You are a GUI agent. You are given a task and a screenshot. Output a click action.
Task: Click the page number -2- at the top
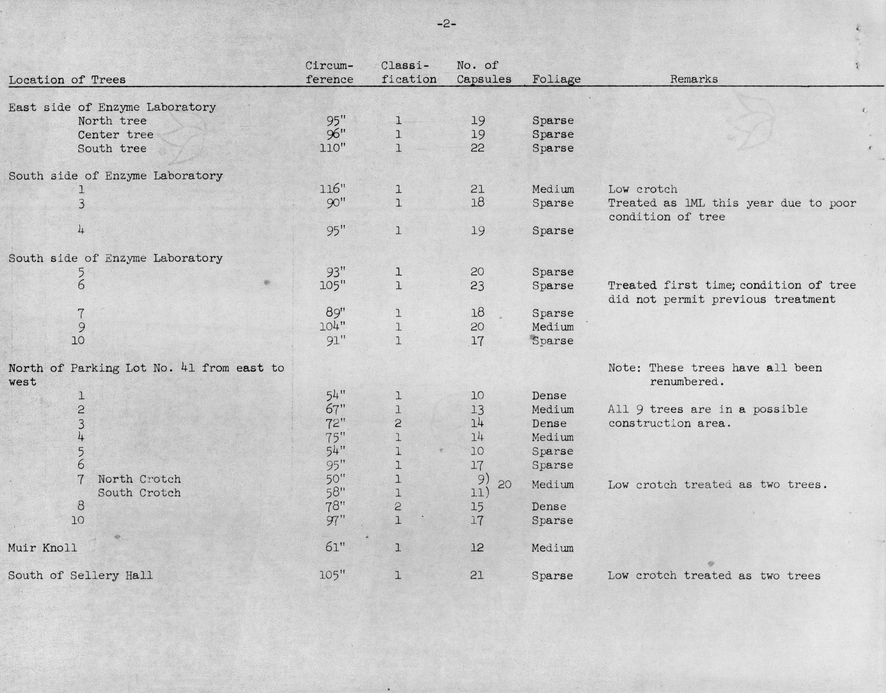click(x=446, y=24)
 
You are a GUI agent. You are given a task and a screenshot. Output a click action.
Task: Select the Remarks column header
click(x=693, y=79)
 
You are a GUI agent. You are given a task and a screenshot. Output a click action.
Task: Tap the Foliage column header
click(x=556, y=80)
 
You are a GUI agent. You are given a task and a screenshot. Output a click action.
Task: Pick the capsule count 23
click(x=477, y=286)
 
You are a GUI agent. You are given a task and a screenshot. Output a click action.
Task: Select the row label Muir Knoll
click(x=42, y=548)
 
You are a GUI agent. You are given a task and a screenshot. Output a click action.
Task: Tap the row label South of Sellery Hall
click(x=80, y=575)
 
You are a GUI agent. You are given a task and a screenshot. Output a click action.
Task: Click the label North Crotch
click(x=139, y=479)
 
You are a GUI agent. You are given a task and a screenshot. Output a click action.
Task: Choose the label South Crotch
click(x=139, y=493)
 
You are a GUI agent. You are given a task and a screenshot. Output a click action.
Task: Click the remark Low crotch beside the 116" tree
click(x=643, y=189)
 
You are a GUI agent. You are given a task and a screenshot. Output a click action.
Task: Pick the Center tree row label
click(x=116, y=135)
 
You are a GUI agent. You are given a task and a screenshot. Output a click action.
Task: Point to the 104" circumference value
click(x=332, y=327)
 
